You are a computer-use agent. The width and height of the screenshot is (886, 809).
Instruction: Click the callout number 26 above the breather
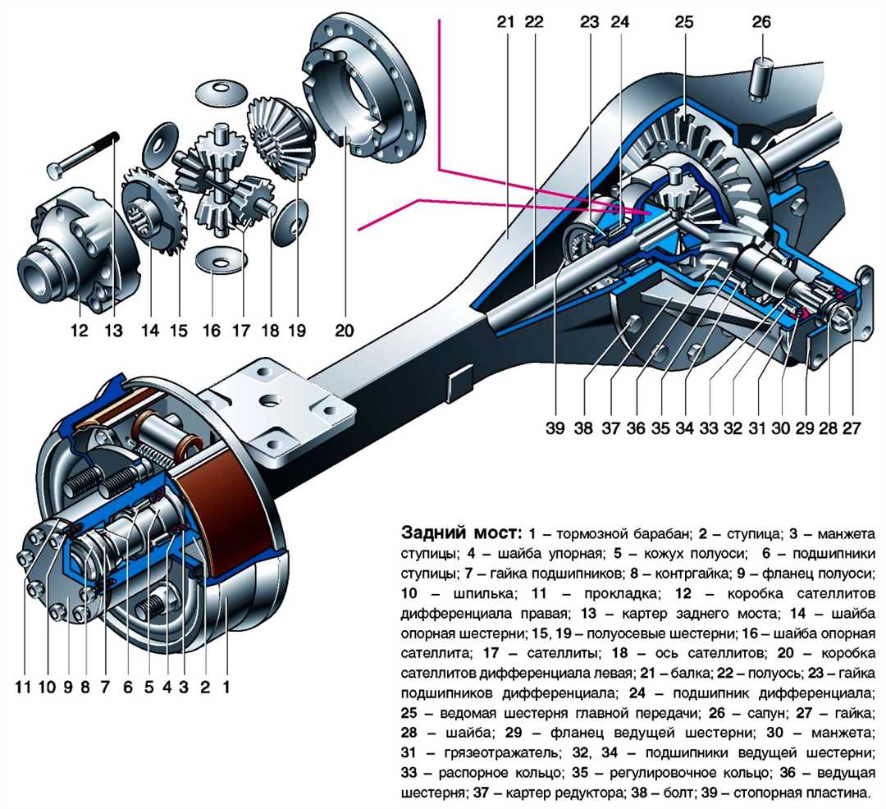point(761,22)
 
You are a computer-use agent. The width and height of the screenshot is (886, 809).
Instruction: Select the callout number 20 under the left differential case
point(344,331)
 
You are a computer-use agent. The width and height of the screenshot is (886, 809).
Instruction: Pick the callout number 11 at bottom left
point(25,685)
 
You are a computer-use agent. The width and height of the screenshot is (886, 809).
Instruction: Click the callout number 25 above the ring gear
point(684,22)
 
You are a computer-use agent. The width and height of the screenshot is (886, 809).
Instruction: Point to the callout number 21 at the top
point(505,22)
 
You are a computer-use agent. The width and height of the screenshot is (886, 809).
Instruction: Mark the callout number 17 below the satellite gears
point(241,331)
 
